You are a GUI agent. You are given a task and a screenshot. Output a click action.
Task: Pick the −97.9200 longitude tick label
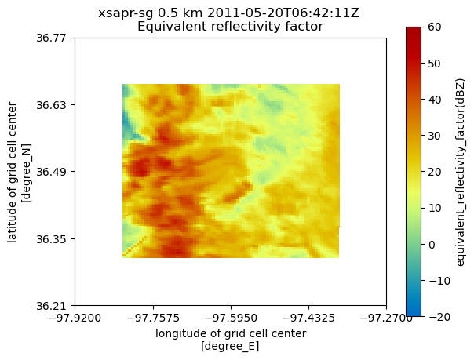tap(75, 318)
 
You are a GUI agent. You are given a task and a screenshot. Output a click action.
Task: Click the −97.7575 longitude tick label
tap(153, 318)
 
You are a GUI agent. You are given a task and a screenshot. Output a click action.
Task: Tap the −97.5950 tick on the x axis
tap(231, 318)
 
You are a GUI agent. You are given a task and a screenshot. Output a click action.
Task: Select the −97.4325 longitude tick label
tap(308, 318)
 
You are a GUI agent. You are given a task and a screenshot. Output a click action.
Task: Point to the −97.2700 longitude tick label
tap(386, 318)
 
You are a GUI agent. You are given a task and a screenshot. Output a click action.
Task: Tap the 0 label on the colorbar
tap(434, 244)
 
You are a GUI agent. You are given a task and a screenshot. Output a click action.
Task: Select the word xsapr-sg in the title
tap(123, 13)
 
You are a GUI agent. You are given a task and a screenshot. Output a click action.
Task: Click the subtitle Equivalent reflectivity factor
tap(231, 27)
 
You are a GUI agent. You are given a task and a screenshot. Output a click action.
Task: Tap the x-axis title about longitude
tap(231, 340)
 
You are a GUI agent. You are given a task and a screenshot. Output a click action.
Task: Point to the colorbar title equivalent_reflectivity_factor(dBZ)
tap(461, 172)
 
